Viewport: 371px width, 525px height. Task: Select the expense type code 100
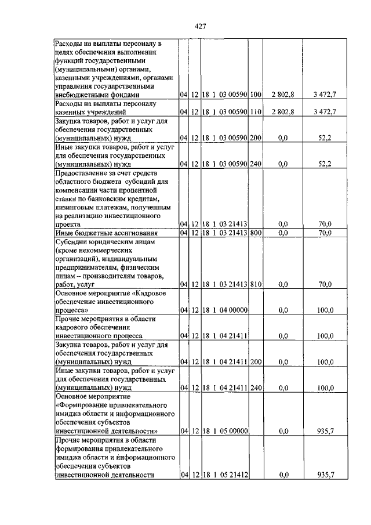(x=256, y=95)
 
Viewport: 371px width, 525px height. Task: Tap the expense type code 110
(x=256, y=111)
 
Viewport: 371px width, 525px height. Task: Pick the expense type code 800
(x=256, y=233)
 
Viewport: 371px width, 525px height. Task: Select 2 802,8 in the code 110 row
(x=283, y=111)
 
